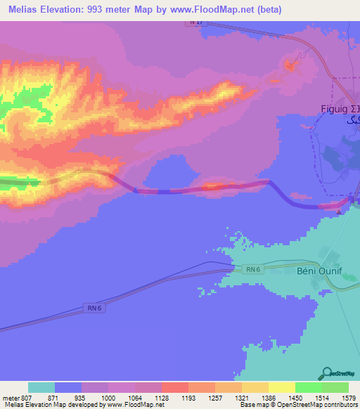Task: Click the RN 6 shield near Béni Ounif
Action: coord(254,268)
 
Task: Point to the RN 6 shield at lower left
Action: coord(94,307)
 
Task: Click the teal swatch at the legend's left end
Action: coord(41,387)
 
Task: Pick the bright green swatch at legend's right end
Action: coord(335,387)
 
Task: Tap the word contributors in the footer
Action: coord(342,405)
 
